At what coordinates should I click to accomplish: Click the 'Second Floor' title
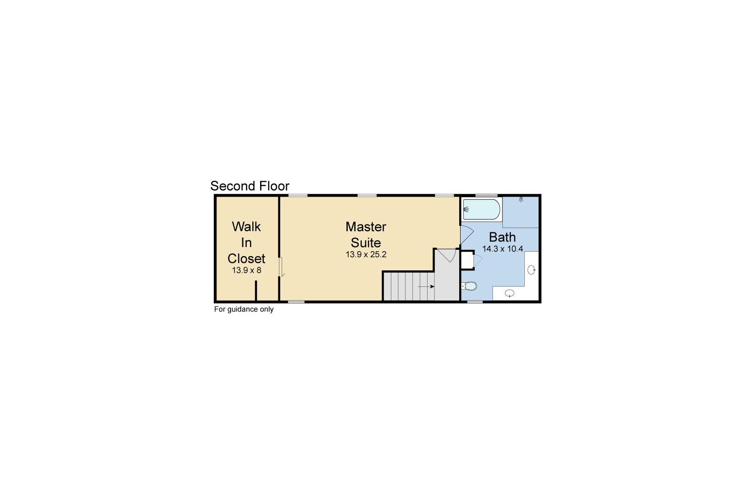tap(250, 186)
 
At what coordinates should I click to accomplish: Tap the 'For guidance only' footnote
tap(244, 309)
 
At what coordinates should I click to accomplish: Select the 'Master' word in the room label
tap(366, 227)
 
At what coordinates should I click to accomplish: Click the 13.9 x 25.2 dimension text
tap(366, 254)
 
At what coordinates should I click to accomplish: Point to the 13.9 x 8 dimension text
tap(246, 270)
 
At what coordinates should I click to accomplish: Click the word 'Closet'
tap(246, 258)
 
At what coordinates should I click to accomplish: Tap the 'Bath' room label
tap(502, 237)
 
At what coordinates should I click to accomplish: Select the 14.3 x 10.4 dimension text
tap(503, 249)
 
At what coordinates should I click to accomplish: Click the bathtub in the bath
tap(481, 209)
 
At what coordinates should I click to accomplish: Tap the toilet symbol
tap(469, 286)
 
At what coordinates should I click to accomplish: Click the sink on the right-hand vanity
tap(532, 270)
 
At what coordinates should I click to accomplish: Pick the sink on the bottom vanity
tap(510, 293)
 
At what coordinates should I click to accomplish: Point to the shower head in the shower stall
tap(521, 199)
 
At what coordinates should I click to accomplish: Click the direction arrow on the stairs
tap(426, 287)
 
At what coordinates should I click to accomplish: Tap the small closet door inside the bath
tap(478, 260)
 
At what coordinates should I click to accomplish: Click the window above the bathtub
tap(487, 196)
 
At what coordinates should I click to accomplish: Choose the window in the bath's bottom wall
tap(475, 302)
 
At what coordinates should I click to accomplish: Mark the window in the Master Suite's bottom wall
tap(296, 302)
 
